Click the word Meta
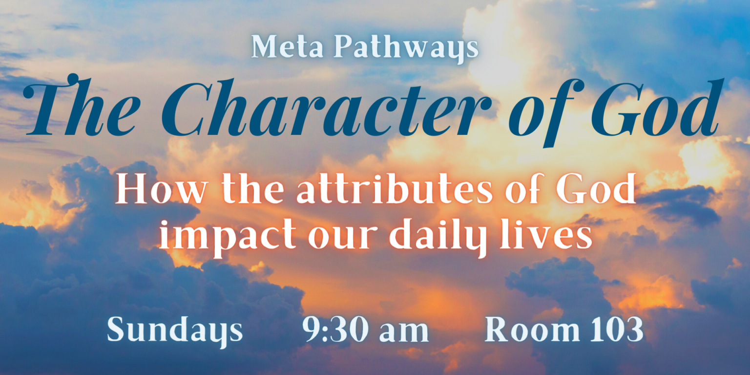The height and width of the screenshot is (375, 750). click(x=287, y=46)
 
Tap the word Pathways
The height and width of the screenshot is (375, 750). click(x=406, y=49)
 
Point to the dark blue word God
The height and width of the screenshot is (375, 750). click(x=656, y=108)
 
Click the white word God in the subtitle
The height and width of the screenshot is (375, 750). click(x=596, y=188)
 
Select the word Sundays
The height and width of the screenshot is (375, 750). click(x=175, y=330)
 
